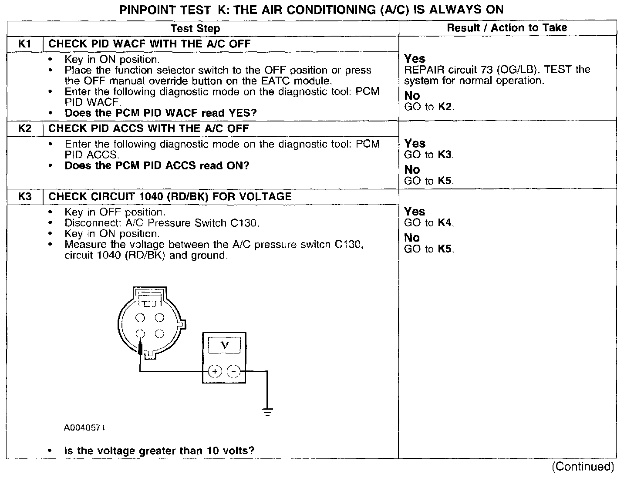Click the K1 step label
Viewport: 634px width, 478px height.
click(x=25, y=44)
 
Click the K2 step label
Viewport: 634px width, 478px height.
click(x=25, y=128)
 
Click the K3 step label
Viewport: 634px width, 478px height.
click(x=25, y=196)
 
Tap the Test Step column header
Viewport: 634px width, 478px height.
click(x=195, y=29)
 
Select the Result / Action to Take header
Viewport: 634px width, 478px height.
click(x=507, y=28)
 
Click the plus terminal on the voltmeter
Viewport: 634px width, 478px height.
click(x=215, y=371)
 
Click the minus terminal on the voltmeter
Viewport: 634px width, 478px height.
click(x=234, y=371)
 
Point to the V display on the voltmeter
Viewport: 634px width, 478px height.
click(x=224, y=346)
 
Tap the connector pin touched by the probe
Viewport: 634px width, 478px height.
click(x=140, y=334)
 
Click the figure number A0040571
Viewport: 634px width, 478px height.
click(x=84, y=428)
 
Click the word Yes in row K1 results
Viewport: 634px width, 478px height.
click(x=415, y=58)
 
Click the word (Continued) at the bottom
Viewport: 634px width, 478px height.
click(x=583, y=467)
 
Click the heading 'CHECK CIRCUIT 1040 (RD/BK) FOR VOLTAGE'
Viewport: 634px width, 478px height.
click(x=170, y=196)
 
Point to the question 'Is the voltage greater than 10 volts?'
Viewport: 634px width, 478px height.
click(x=159, y=451)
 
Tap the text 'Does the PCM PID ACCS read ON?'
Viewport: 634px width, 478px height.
click(x=157, y=166)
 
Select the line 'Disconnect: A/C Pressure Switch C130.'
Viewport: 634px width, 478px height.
click(x=162, y=223)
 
